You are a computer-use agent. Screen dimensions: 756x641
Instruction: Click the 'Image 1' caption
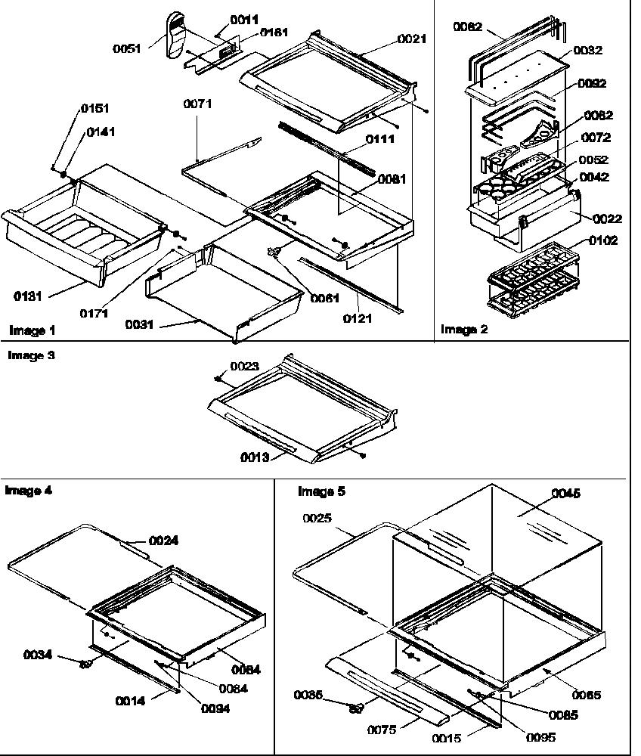coord(32,330)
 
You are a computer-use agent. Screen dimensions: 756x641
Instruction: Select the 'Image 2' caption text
coord(464,330)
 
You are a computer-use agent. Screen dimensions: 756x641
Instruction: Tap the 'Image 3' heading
coord(31,355)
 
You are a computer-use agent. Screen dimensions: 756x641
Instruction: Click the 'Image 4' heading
coord(29,490)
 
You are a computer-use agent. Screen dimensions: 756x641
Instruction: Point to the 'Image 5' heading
coord(321,491)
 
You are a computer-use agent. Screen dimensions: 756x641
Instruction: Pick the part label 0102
coord(603,242)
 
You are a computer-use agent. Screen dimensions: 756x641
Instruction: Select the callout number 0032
coord(587,51)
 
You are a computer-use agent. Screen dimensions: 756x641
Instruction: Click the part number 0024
coord(164,541)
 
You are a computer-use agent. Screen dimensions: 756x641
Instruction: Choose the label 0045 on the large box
coord(566,494)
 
